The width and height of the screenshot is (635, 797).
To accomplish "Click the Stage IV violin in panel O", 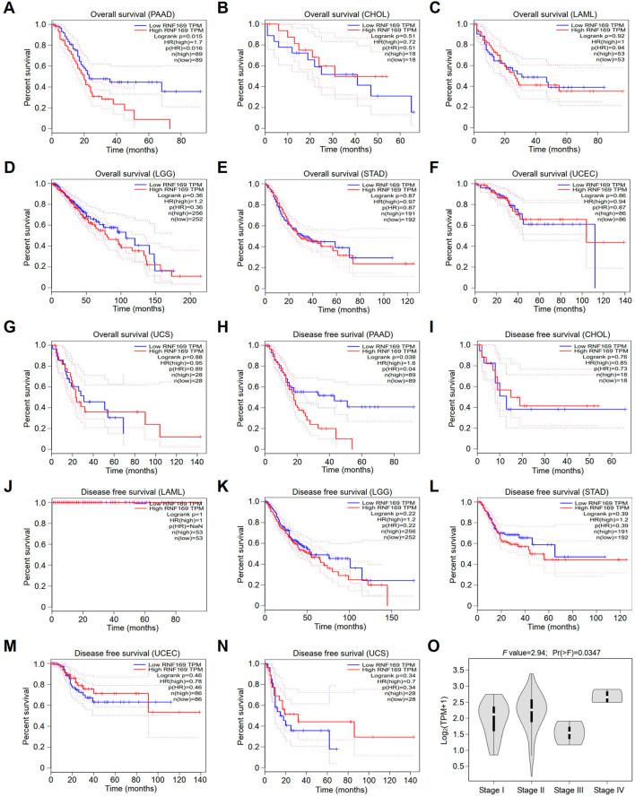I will tap(611, 695).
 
